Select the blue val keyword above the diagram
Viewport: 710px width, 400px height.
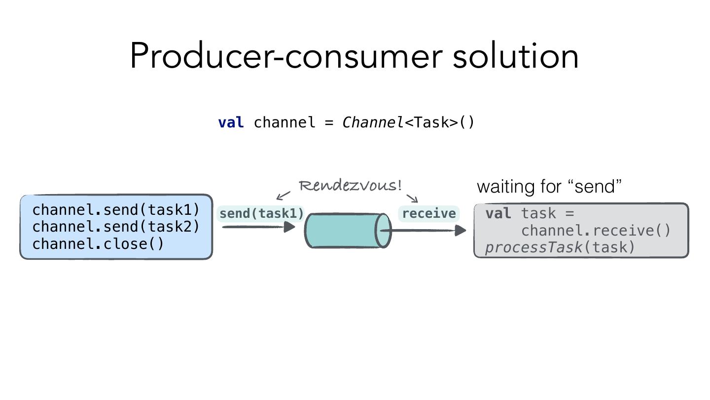[x=231, y=122]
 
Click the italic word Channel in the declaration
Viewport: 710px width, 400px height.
[x=373, y=122]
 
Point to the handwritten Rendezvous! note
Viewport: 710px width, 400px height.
[x=350, y=186]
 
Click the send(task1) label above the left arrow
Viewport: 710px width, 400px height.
[x=261, y=214]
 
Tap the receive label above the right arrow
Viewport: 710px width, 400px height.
[x=429, y=214]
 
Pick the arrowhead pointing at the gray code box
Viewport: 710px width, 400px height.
[x=461, y=230]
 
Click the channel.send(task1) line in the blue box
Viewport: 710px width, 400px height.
[x=116, y=210]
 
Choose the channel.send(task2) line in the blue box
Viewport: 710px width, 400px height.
[x=116, y=227]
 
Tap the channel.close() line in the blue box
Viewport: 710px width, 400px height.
[x=98, y=244]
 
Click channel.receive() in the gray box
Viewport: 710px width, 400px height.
[x=596, y=231]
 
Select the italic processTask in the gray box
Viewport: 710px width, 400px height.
[x=533, y=247]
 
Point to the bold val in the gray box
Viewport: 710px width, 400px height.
[x=498, y=213]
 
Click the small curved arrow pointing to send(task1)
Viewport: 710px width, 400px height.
[x=283, y=196]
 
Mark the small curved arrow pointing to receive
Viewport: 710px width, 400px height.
[x=413, y=197]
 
